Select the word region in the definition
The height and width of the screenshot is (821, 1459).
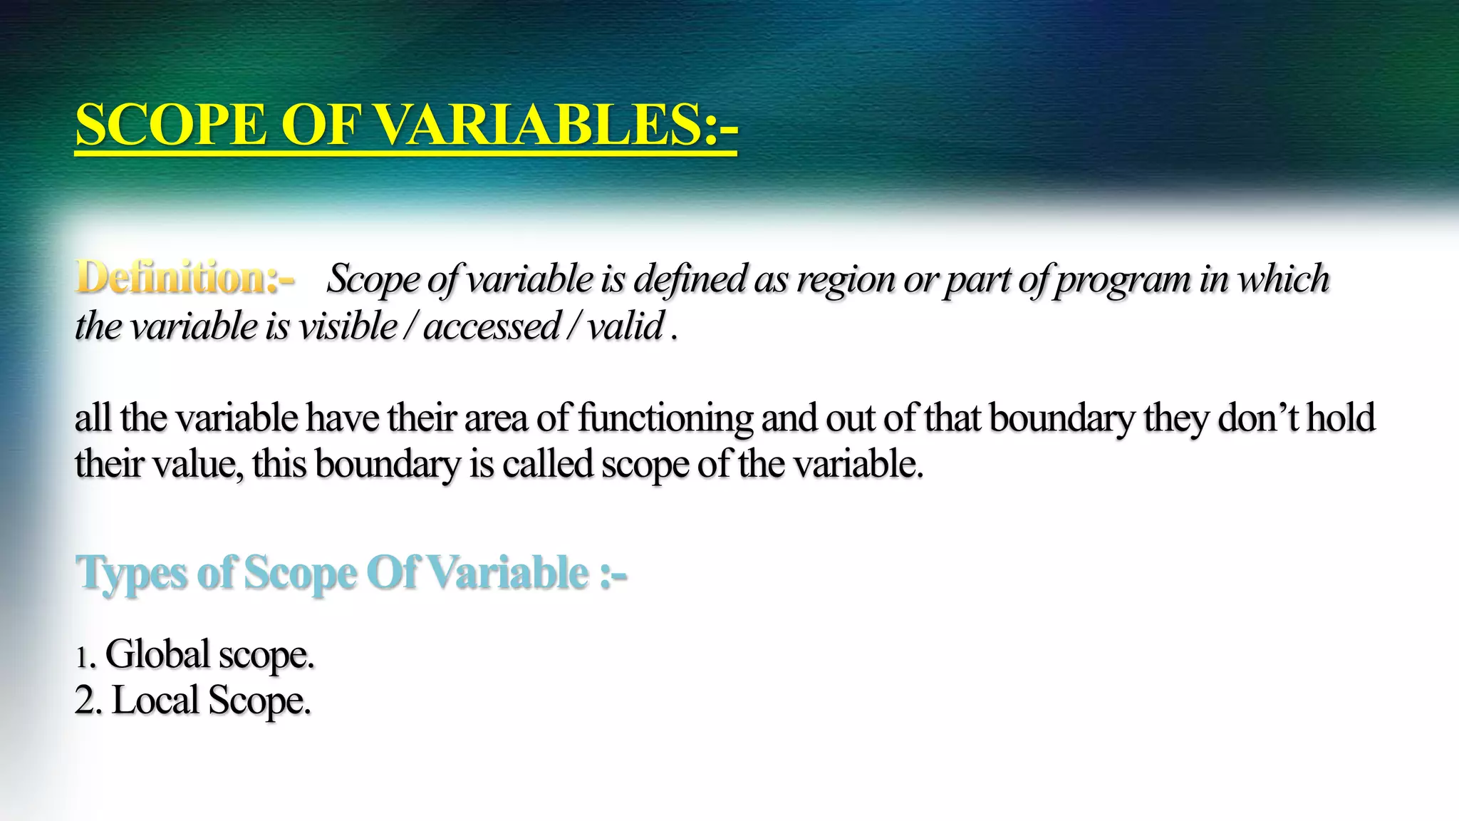pyautogui.click(x=845, y=279)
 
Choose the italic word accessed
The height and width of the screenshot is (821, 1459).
pyautogui.click(x=492, y=327)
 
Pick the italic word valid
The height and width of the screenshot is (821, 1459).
pyautogui.click(x=625, y=327)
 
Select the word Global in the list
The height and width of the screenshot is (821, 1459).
pyautogui.click(x=157, y=654)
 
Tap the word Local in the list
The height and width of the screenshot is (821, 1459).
pyautogui.click(x=155, y=701)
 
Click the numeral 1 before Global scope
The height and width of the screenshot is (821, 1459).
pyautogui.click(x=82, y=657)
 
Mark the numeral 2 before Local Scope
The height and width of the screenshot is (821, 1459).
pyautogui.click(x=85, y=701)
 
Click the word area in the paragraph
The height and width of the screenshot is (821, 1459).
pyautogui.click(x=496, y=418)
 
